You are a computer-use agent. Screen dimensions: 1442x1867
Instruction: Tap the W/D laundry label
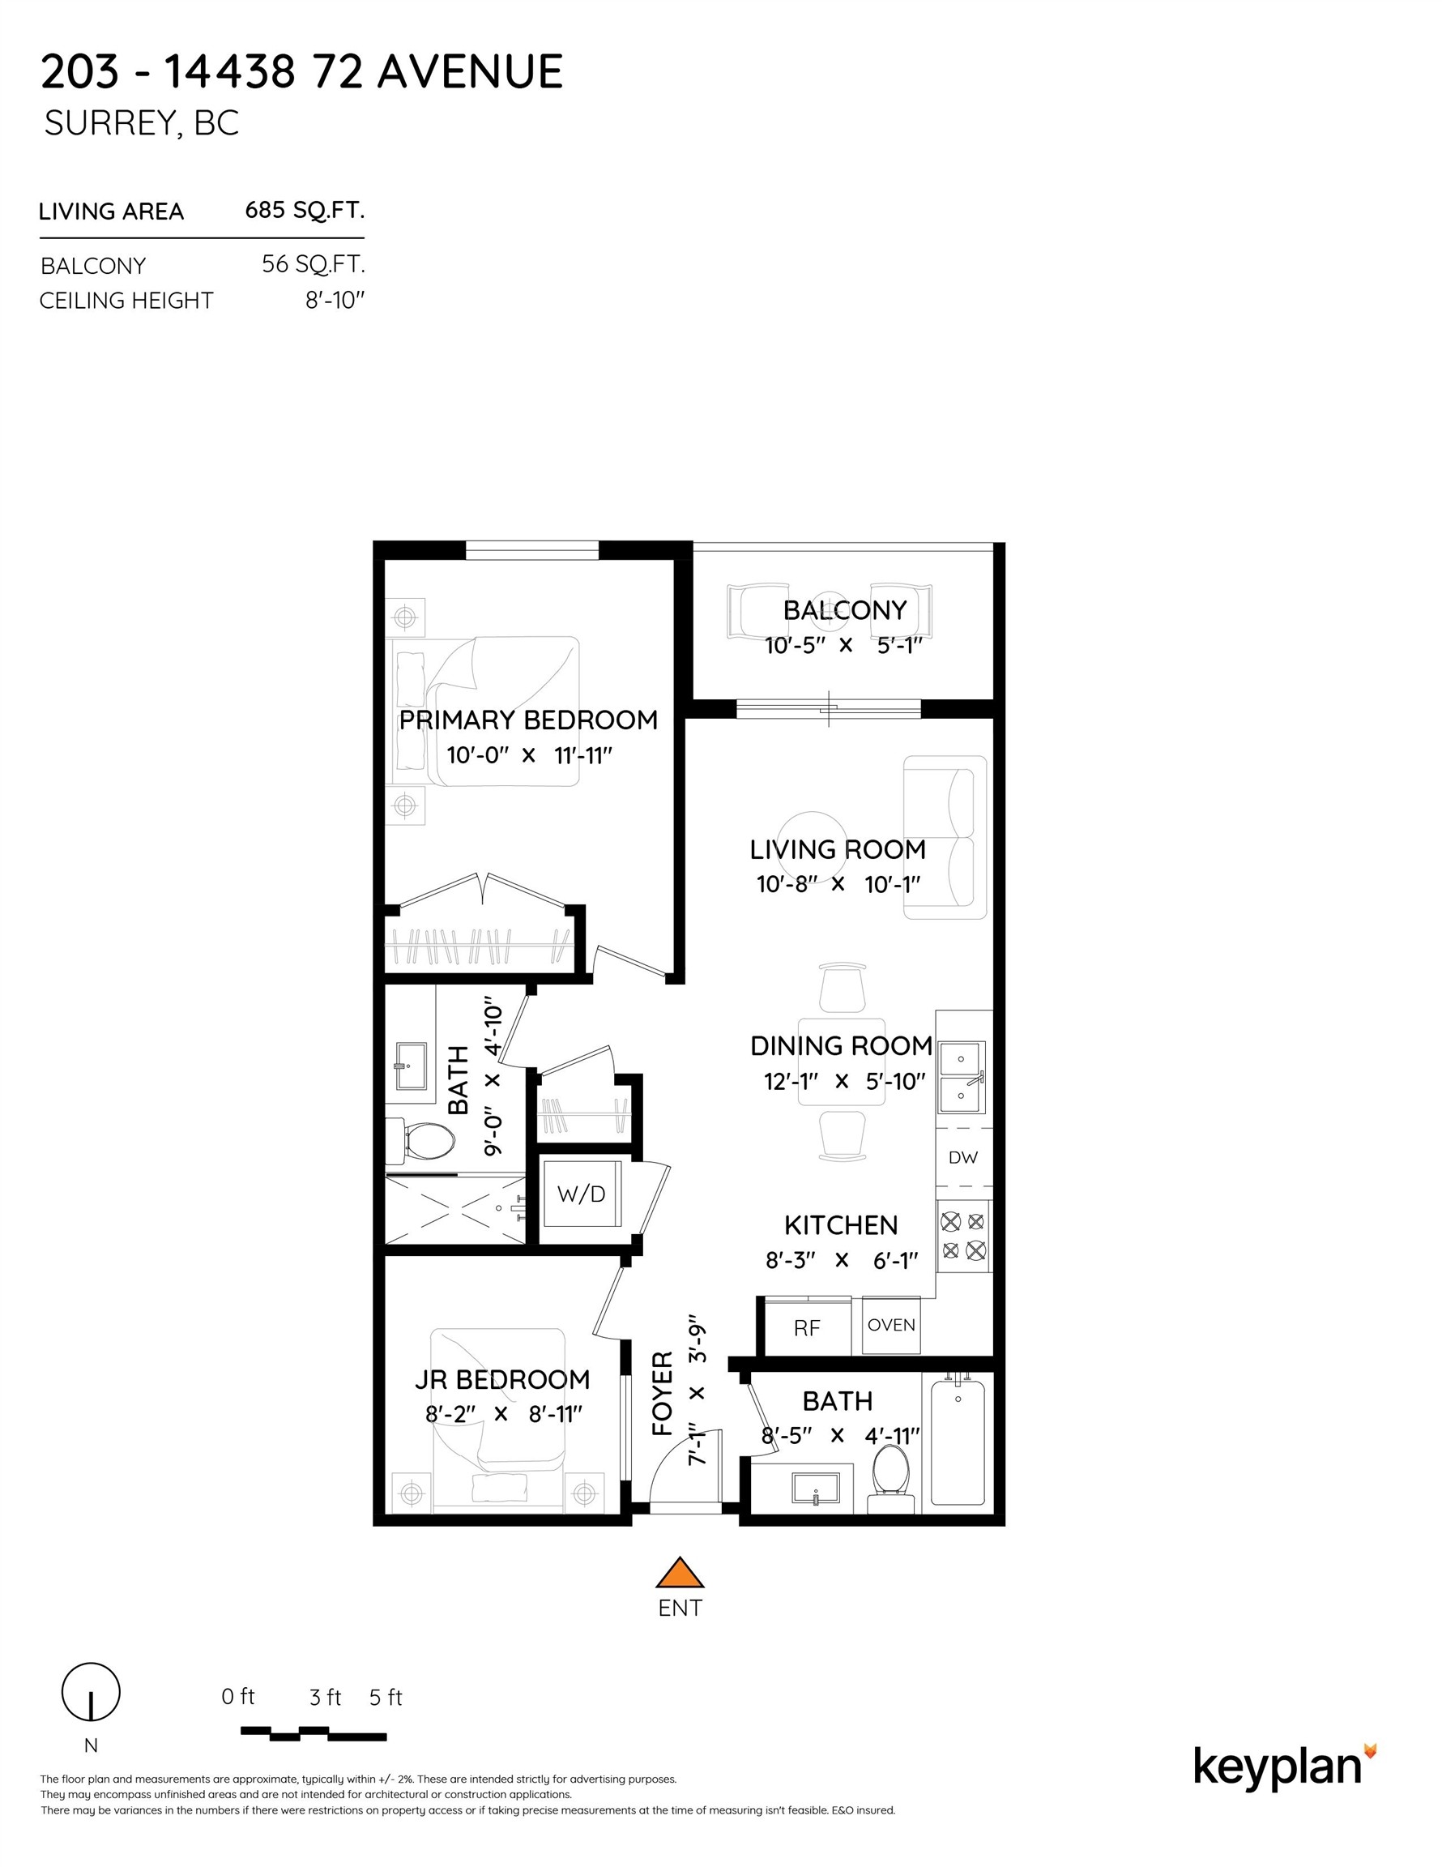click(x=581, y=1194)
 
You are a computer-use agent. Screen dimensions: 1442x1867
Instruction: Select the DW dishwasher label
click(x=963, y=1157)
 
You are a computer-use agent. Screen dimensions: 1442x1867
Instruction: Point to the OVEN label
click(x=891, y=1324)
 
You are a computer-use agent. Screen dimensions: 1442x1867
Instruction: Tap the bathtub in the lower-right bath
click(x=958, y=1442)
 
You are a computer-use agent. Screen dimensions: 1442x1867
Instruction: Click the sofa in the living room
click(x=945, y=838)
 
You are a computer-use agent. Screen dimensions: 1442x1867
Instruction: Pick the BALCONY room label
click(x=844, y=610)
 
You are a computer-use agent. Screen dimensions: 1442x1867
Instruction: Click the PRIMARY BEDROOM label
click(x=528, y=720)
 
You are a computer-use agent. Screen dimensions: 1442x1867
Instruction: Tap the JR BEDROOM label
click(x=501, y=1380)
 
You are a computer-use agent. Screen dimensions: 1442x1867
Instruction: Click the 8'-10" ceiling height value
click(x=335, y=300)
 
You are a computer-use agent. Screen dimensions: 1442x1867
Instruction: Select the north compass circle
click(x=91, y=1692)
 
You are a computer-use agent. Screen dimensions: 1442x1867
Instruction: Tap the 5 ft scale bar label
click(x=386, y=1697)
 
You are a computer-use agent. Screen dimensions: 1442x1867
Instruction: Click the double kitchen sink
click(x=962, y=1077)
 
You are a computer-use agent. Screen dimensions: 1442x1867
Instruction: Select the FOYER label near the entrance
click(x=663, y=1394)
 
